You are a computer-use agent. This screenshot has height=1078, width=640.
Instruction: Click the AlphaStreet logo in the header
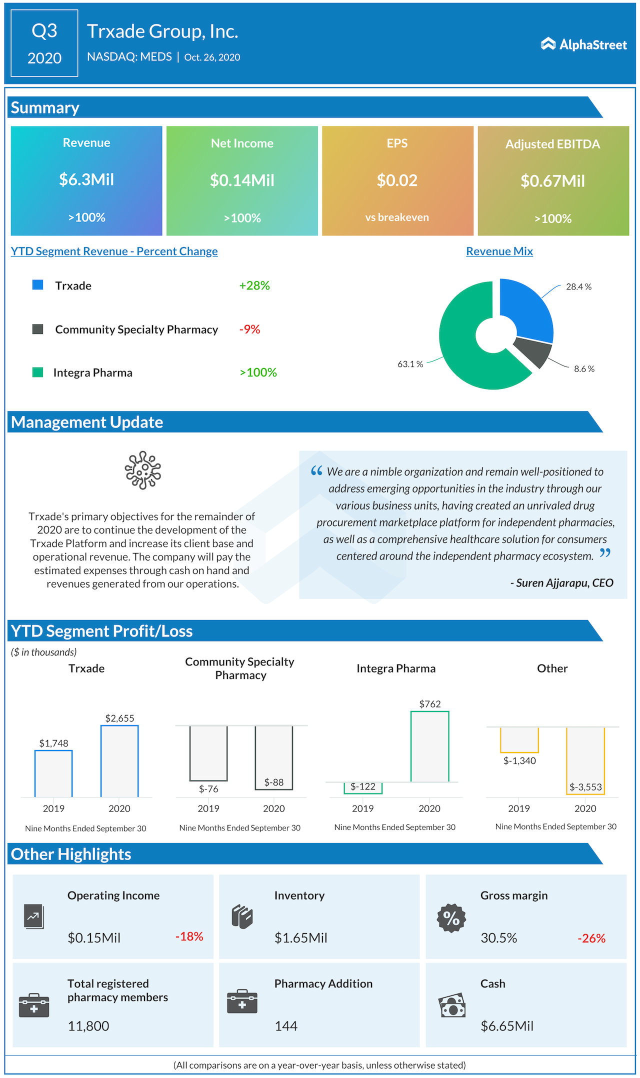583,44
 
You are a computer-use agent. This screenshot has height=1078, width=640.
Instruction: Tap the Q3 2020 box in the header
44,43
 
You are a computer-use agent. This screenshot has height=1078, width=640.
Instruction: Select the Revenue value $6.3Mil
86,179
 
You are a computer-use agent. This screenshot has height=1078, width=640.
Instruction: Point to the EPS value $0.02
397,180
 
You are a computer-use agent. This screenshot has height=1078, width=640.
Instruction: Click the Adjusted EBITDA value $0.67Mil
552,180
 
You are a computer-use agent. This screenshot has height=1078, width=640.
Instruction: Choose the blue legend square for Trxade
37,285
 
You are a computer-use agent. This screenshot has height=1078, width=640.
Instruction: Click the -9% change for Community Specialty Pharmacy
249,329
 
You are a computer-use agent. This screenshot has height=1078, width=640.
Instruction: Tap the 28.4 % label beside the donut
578,286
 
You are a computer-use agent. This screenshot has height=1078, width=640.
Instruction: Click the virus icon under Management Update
143,470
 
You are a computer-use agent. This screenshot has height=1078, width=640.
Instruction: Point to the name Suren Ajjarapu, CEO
561,582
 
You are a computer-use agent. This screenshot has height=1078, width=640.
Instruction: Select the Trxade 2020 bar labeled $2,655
119,760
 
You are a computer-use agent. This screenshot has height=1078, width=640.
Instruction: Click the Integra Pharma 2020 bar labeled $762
429,746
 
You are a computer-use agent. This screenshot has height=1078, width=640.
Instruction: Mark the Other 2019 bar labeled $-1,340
519,739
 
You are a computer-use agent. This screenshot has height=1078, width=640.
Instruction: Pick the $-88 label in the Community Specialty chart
274,782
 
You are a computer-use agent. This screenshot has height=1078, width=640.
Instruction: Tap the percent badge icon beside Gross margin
451,918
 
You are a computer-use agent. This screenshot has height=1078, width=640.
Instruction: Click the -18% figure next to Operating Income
189,936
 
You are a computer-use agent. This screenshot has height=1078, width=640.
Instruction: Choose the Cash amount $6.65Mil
507,1026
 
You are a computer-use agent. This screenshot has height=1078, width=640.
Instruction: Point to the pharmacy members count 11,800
88,1026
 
